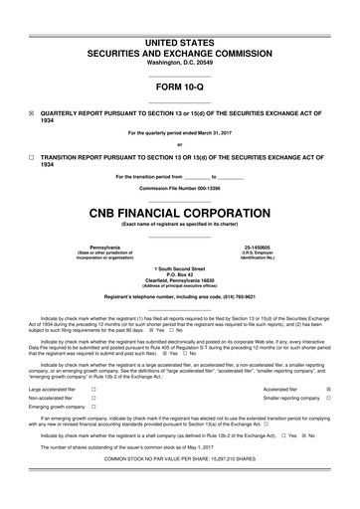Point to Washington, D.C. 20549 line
click(x=180, y=49)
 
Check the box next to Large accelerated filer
click(x=92, y=390)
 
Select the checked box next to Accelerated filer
click(x=329, y=390)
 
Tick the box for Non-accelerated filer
click(x=92, y=398)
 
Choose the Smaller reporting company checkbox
click(x=329, y=398)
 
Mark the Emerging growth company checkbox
click(x=92, y=407)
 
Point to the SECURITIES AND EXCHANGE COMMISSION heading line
click(x=180, y=32)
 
